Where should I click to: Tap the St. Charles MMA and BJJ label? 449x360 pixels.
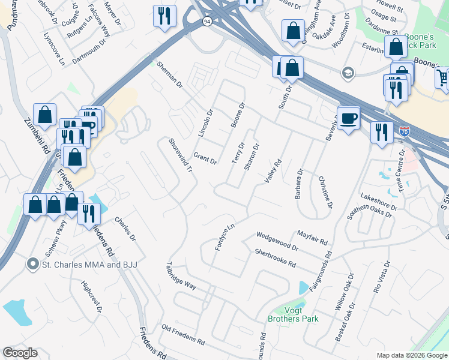point(84,263)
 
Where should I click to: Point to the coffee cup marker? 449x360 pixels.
point(348,118)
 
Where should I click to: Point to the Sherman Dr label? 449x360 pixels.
point(169,75)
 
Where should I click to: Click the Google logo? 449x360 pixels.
point(20,353)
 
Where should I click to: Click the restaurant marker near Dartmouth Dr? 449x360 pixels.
point(164,16)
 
